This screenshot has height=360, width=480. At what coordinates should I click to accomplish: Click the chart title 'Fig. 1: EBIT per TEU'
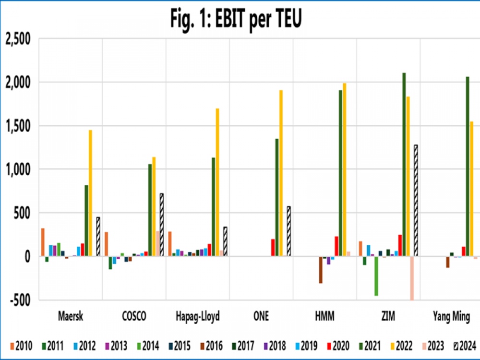[236, 19]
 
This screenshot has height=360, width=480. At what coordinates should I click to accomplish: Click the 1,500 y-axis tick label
[18, 126]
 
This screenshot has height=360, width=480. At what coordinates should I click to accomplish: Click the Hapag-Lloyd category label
[198, 317]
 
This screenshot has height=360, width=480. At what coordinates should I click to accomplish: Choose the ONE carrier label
[261, 317]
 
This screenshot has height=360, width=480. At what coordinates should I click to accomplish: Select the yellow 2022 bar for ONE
[281, 173]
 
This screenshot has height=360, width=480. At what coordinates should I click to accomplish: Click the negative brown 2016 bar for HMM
[321, 270]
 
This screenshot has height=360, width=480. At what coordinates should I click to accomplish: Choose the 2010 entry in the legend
[20, 346]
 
